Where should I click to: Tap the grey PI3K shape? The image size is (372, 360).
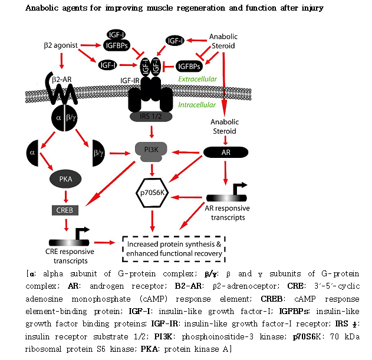tap(153, 150)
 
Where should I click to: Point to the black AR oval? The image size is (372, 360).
tap(226, 151)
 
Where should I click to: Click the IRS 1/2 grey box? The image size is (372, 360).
tap(152, 117)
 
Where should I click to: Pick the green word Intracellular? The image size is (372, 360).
tap(196, 104)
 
